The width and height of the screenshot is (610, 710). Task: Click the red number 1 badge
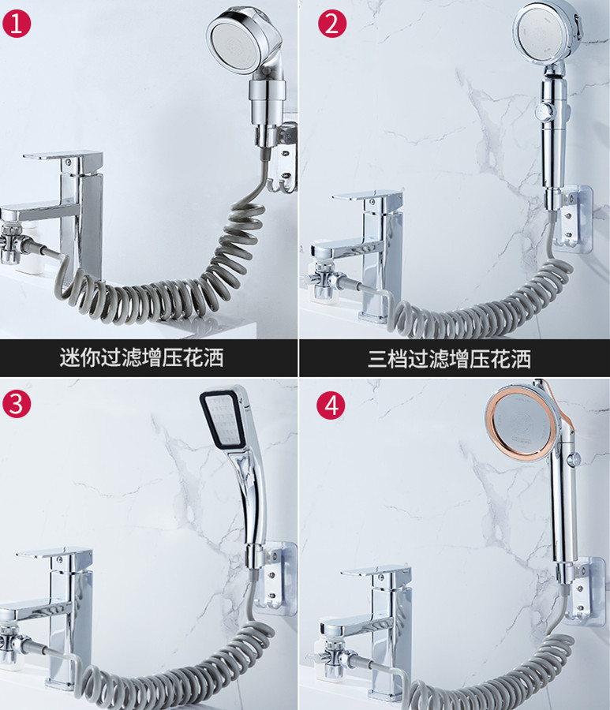point(17,23)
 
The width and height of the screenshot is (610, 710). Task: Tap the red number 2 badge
point(332,23)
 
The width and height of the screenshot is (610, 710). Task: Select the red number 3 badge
point(17,402)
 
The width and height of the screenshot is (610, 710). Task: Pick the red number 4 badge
point(331,405)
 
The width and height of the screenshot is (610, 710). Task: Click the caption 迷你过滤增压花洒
point(142,357)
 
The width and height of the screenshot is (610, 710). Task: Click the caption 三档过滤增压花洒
point(449,359)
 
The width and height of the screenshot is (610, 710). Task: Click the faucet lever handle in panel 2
point(368,197)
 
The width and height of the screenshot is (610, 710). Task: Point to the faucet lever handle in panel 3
point(54,555)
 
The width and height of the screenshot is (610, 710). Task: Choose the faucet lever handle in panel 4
point(376,571)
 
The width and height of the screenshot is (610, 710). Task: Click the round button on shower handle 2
point(540,110)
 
